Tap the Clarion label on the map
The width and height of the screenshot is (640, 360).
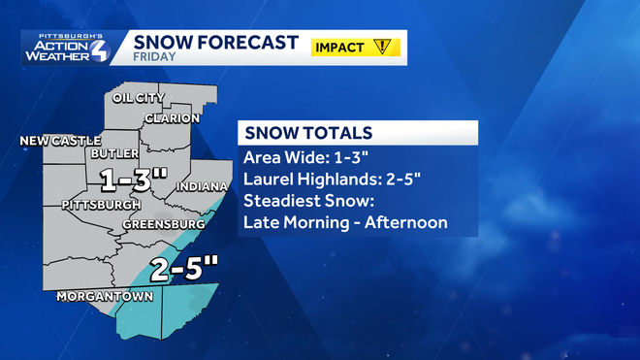pyautogui.click(x=172, y=118)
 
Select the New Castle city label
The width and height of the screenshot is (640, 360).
pyautogui.click(x=54, y=142)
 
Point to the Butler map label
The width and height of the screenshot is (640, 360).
pyautogui.click(x=109, y=154)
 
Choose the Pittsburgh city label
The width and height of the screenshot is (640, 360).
pyautogui.click(x=100, y=206)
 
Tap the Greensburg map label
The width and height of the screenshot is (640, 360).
pyautogui.click(x=163, y=225)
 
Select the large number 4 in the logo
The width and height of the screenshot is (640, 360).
pyautogui.click(x=100, y=49)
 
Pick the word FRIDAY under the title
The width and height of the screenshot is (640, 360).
pyautogui.click(x=154, y=57)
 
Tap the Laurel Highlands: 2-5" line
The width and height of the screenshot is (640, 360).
pyautogui.click(x=336, y=180)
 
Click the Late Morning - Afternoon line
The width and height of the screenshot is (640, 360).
pyautogui.click(x=345, y=223)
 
